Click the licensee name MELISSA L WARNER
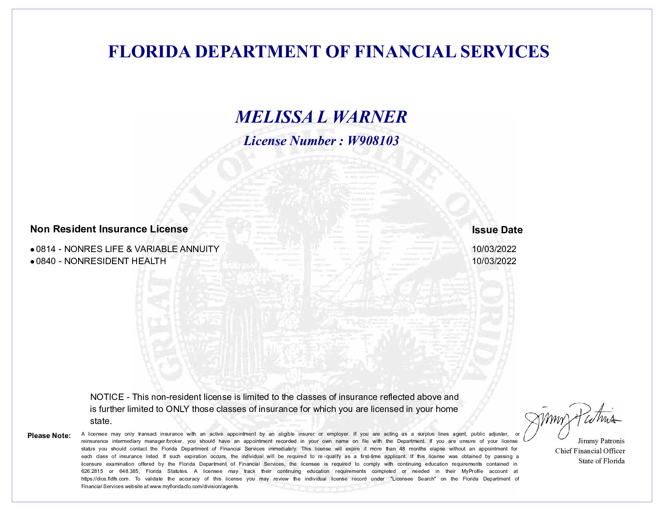tap(321, 117)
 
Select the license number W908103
tap(373, 141)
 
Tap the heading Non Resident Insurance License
tap(109, 229)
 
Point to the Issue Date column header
tap(497, 230)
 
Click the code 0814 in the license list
tap(46, 249)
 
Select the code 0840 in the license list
tap(46, 261)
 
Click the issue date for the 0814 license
tap(494, 249)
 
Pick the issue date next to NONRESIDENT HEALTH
tap(494, 261)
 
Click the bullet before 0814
tap(32, 250)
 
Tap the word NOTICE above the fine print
tap(107, 397)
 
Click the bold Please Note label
tap(49, 436)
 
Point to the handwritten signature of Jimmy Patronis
tap(569, 419)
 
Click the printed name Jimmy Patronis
tap(601, 441)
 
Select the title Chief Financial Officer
tap(590, 451)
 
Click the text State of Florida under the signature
tap(601, 461)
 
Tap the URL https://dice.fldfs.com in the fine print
tap(105, 479)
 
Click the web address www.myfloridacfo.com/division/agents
tap(194, 487)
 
